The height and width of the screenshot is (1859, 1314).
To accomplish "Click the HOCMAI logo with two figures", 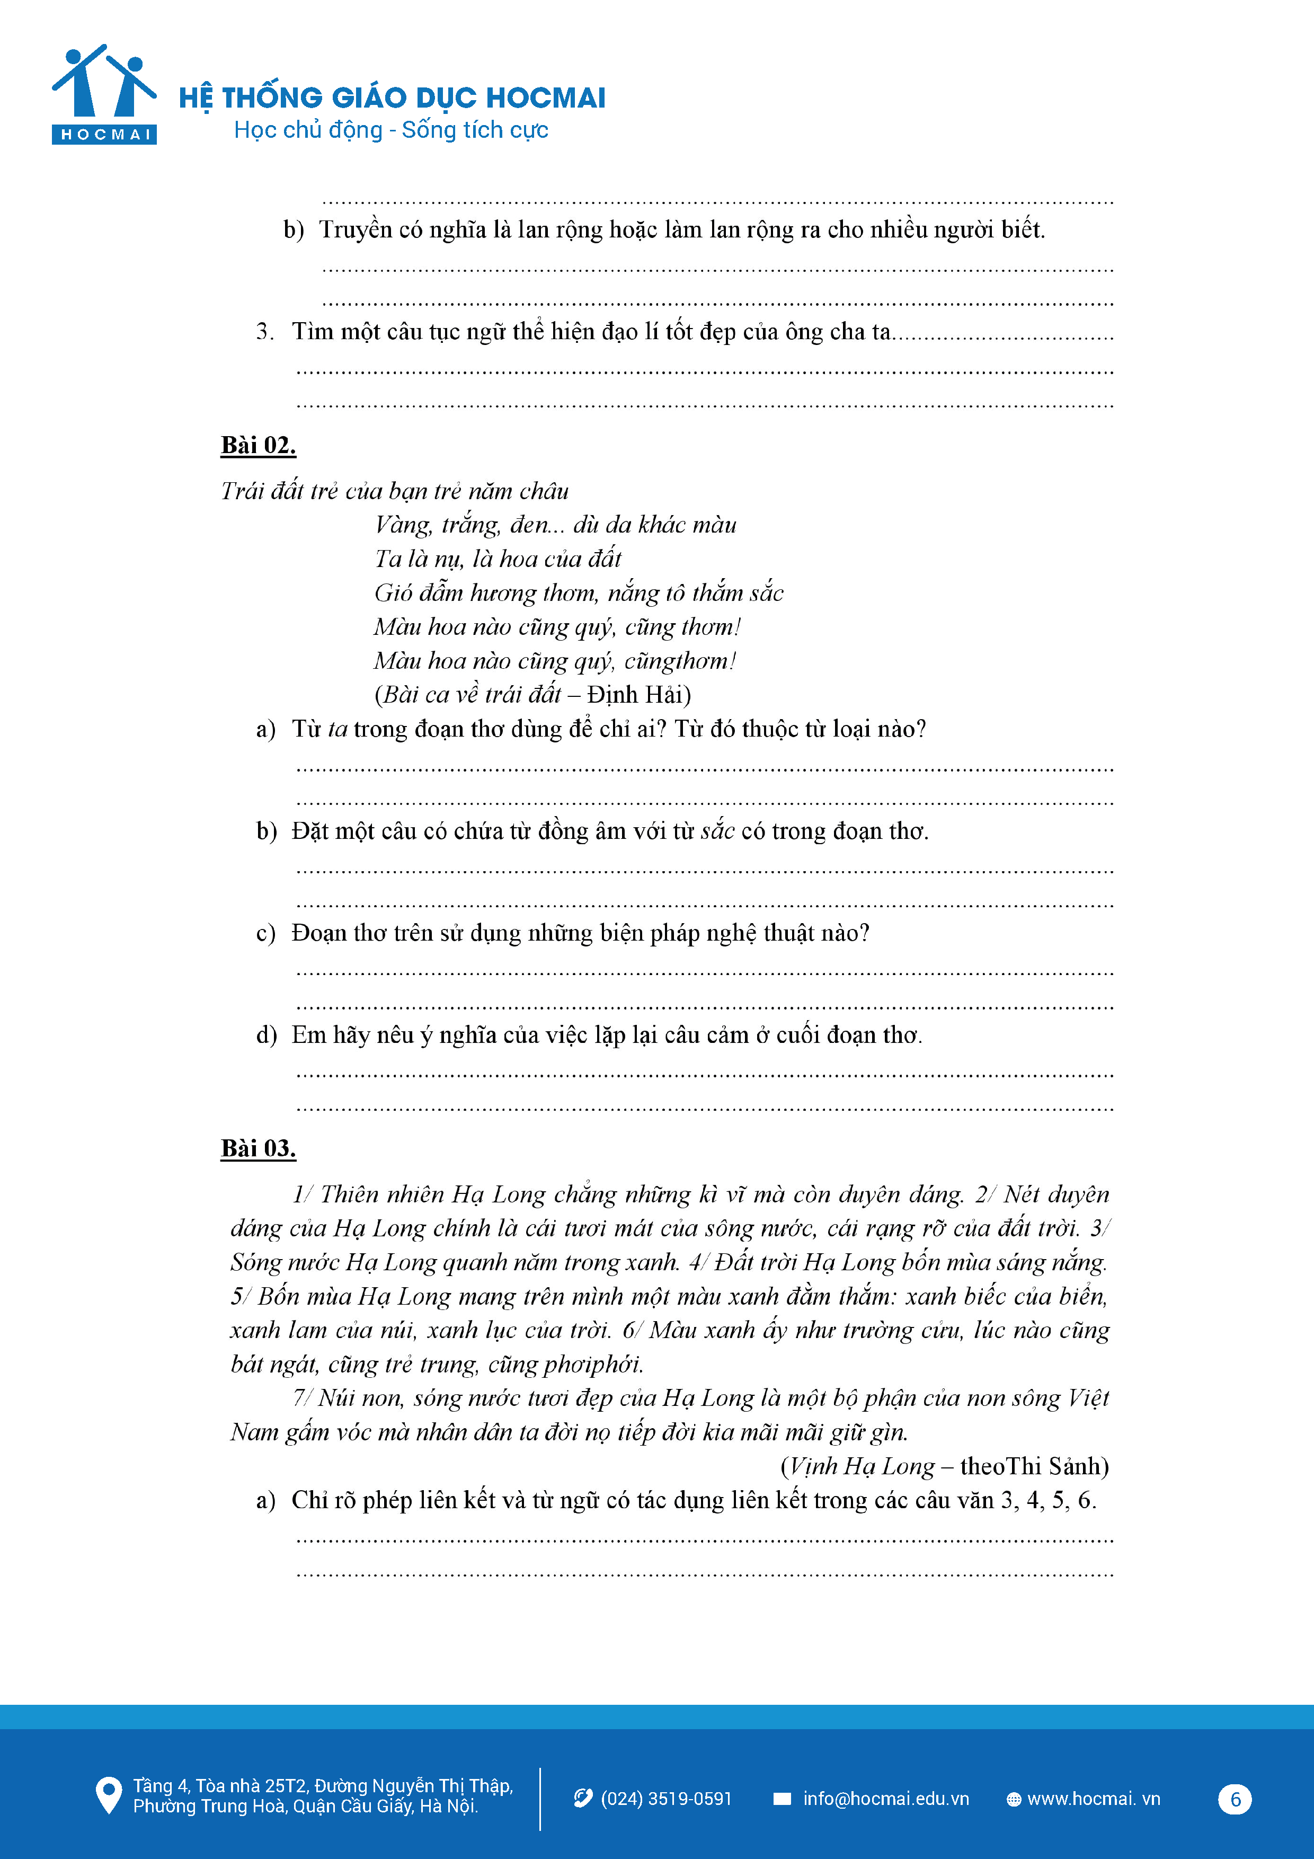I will (104, 94).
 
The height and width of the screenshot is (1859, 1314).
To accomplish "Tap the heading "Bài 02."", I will (258, 445).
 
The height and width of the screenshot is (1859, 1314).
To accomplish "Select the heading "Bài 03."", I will (258, 1148).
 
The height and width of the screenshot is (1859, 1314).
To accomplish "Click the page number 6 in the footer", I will (1235, 1799).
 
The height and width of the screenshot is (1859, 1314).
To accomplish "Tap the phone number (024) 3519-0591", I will (665, 1798).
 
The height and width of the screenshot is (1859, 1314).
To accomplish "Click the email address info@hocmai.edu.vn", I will (886, 1798).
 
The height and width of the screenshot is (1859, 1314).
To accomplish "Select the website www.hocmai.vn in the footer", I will (1093, 1798).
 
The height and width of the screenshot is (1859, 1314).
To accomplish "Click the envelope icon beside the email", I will (782, 1798).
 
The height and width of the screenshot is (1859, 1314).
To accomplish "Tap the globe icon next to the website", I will (1013, 1799).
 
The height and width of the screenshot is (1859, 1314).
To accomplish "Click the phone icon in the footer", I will (583, 1798).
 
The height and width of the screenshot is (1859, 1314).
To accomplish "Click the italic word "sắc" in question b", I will (717, 831).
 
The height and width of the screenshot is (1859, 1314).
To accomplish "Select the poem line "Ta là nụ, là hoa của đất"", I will (497, 559).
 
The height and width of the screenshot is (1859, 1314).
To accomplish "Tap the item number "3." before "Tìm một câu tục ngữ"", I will (265, 331).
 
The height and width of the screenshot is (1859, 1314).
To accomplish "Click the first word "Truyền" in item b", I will (354, 230).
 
